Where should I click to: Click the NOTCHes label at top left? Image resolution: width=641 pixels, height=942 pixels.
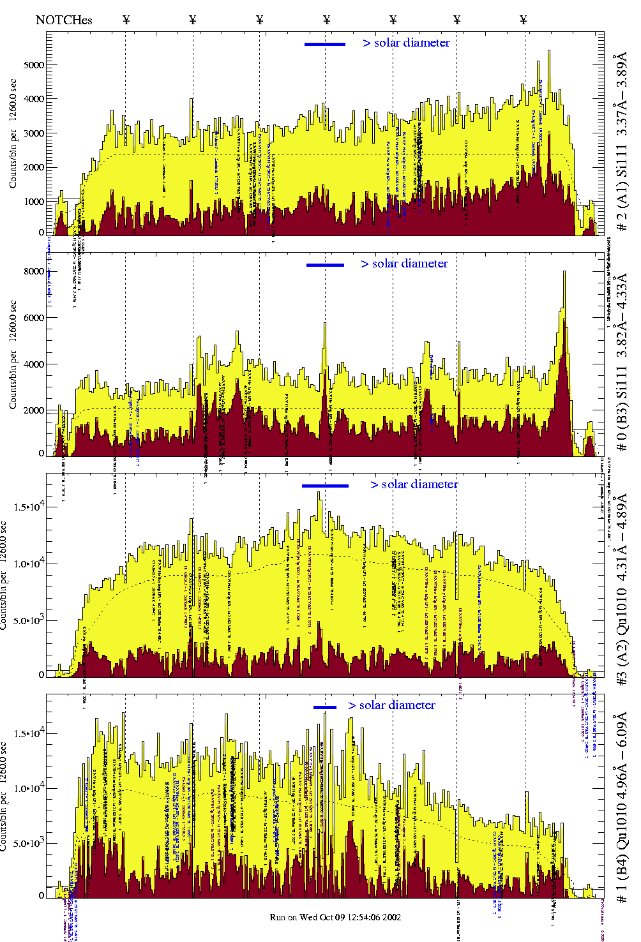pyautogui.click(x=64, y=20)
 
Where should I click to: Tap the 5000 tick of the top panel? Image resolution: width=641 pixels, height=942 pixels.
pyautogui.click(x=34, y=65)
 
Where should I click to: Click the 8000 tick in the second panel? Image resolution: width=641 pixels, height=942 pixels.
pyautogui.click(x=34, y=271)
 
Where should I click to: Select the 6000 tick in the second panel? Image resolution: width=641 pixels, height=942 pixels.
pyautogui.click(x=34, y=318)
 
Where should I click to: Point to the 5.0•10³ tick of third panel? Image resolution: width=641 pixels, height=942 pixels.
pyautogui.click(x=29, y=620)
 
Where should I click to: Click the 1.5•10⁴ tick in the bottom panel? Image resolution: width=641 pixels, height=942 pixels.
pyautogui.click(x=29, y=734)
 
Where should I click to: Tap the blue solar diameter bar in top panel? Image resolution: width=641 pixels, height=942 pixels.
pyautogui.click(x=325, y=44)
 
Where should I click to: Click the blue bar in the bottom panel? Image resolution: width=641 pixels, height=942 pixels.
pyautogui.click(x=325, y=706)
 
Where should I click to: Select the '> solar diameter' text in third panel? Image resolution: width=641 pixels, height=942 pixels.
pyautogui.click(x=414, y=484)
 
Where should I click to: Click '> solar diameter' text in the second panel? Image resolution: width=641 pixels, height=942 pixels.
pyautogui.click(x=404, y=264)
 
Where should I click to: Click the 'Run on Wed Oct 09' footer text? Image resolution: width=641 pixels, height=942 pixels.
pyautogui.click(x=335, y=917)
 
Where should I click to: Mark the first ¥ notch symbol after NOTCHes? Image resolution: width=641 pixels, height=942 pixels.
pyautogui.click(x=126, y=20)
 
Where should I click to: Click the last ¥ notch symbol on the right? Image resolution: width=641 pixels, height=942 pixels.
pyautogui.click(x=524, y=20)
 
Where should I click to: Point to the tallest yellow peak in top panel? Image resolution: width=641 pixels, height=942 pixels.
pyautogui.click(x=549, y=52)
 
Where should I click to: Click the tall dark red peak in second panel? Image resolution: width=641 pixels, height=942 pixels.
pyautogui.click(x=564, y=357)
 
